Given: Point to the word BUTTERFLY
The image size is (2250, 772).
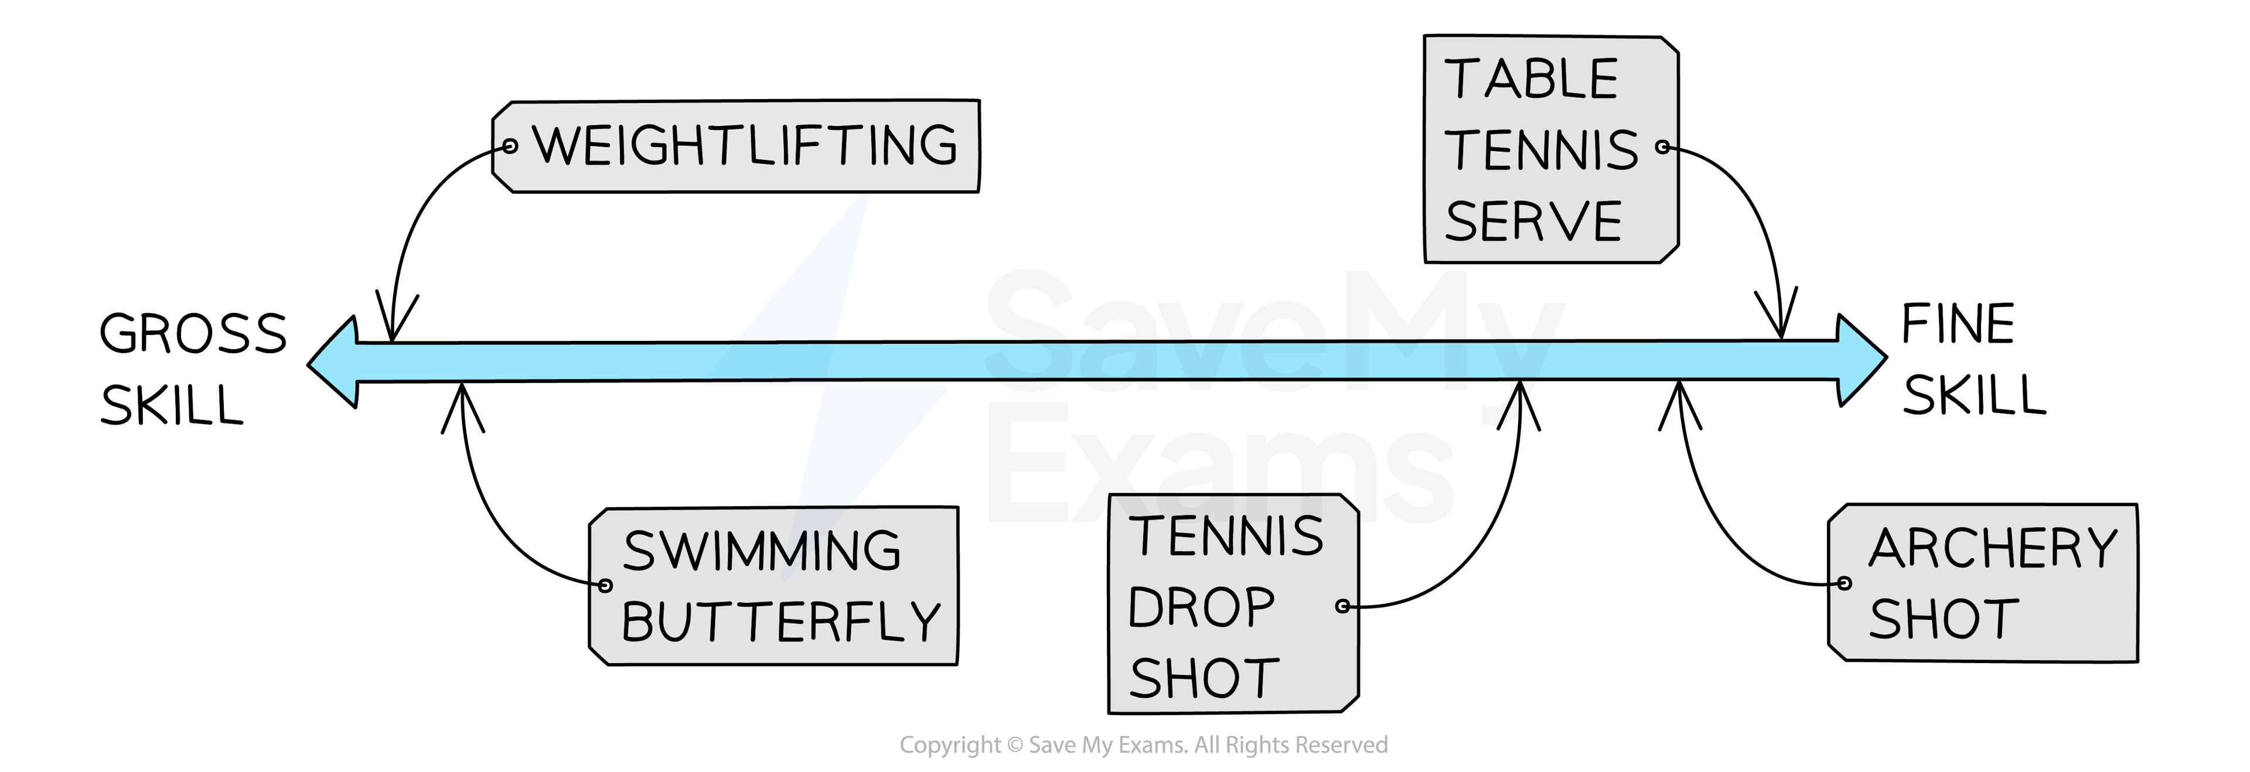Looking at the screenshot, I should (x=781, y=622).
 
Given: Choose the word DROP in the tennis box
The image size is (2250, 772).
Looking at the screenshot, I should (x=1201, y=607).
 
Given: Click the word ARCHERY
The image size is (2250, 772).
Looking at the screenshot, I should (x=1993, y=548).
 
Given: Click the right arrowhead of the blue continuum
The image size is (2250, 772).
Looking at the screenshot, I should (x=1860, y=359).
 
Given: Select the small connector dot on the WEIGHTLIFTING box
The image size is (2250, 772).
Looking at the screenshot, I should (x=511, y=146).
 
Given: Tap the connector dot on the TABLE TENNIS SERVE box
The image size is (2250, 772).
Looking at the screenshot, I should (x=1663, y=148).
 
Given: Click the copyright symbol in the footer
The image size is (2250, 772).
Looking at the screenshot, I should (x=1014, y=745).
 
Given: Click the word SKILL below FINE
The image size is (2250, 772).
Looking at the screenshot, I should (x=1974, y=395).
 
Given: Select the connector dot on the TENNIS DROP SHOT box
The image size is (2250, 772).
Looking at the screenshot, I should (x=1344, y=605).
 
